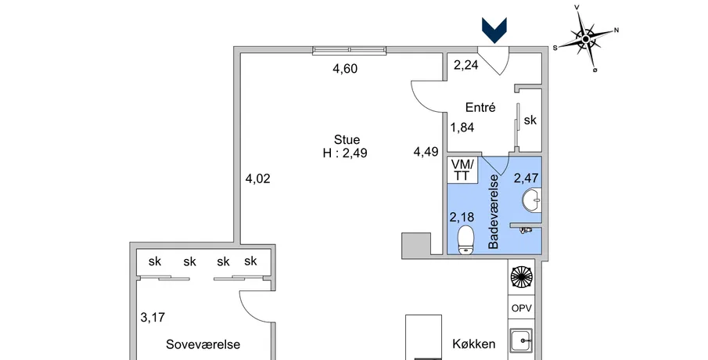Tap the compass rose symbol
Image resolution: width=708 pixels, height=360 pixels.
[x=586, y=39]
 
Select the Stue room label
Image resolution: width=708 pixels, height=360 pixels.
[x=347, y=139]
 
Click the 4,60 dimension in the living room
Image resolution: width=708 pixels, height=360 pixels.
[x=345, y=69]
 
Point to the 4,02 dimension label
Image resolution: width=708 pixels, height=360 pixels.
[x=258, y=179]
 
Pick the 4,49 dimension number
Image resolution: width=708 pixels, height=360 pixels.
[x=426, y=152]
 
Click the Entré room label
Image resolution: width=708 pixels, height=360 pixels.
[x=480, y=107]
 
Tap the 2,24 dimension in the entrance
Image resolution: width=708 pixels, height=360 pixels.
[x=466, y=66]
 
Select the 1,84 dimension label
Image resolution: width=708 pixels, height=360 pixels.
[x=462, y=128]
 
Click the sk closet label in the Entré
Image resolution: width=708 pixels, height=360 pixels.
[x=530, y=121]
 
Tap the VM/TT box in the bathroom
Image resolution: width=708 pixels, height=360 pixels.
[x=462, y=170]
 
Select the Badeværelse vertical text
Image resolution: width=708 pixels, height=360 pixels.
[x=494, y=212]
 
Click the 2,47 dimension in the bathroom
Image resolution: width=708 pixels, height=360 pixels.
[x=526, y=178]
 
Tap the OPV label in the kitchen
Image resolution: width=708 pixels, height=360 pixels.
[x=522, y=308]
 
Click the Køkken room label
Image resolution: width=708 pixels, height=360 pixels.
[x=473, y=344]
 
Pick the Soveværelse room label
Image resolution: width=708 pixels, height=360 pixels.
[x=203, y=344]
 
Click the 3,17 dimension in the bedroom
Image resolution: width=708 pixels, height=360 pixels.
[x=153, y=318]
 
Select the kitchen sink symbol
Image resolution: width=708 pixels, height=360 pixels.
[x=522, y=340]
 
